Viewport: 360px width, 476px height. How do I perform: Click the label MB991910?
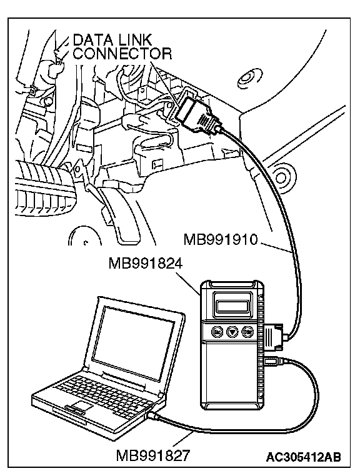(221, 240)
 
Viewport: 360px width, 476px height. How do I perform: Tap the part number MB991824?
(146, 264)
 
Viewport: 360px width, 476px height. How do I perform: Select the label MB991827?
(153, 455)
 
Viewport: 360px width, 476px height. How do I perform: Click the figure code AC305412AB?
(304, 456)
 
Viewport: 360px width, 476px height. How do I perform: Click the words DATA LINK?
(112, 40)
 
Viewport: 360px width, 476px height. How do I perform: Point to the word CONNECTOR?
(122, 54)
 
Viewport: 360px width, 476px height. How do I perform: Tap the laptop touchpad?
(80, 406)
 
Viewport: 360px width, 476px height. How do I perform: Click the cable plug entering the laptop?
(153, 416)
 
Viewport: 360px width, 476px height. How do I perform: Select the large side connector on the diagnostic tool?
(274, 336)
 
